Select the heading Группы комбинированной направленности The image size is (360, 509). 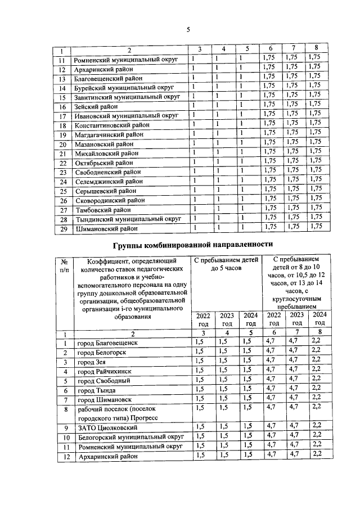192,245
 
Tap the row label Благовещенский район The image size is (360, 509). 109,78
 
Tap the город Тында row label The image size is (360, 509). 97,390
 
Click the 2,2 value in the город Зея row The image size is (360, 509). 316,361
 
